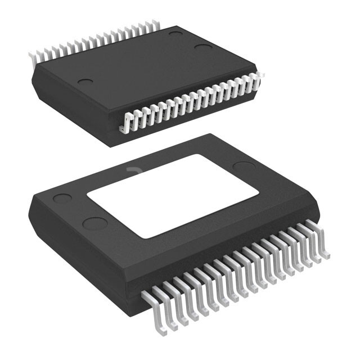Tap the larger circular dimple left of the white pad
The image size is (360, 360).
94,223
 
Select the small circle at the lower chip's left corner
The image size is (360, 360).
61,199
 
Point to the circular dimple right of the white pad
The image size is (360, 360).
244,166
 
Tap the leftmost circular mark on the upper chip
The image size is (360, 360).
85,82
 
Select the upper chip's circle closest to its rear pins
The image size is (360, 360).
176,34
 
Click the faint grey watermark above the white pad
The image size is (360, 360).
133,169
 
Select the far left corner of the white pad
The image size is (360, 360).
88,194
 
